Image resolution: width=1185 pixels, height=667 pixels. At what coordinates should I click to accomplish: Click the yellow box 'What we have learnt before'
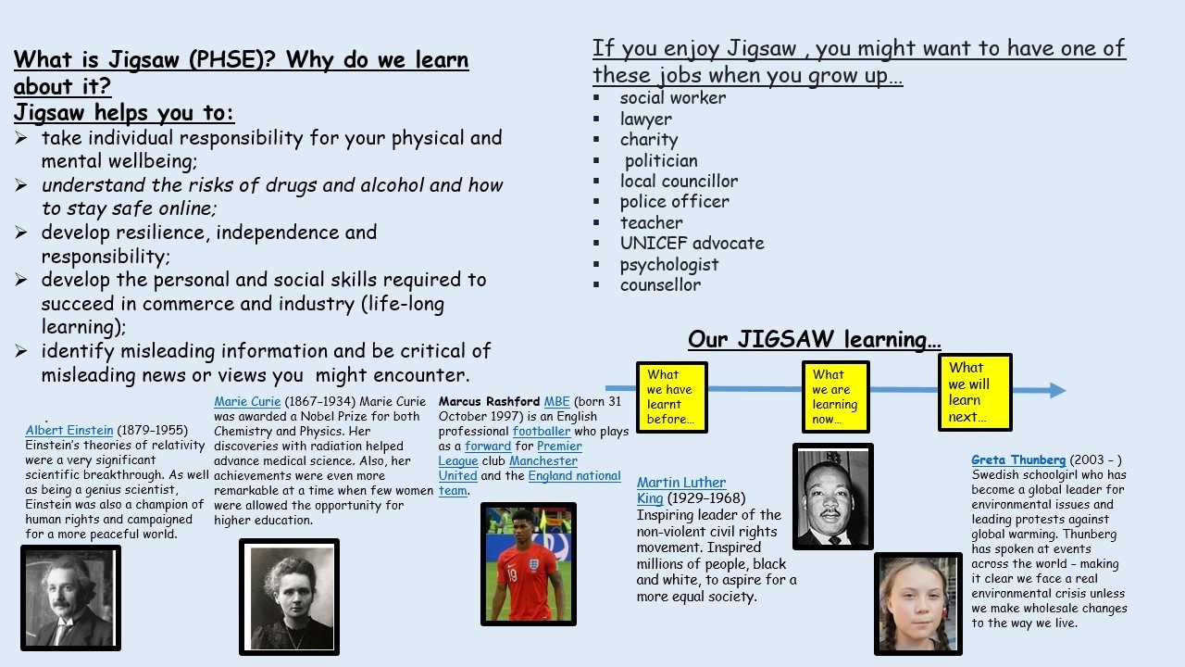click(672, 397)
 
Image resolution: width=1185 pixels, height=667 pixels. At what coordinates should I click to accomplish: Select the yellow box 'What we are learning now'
click(836, 397)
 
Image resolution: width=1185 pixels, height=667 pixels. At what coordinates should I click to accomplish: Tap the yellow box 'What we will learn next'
click(975, 392)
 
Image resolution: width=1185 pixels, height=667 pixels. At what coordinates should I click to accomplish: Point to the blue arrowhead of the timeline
click(1057, 390)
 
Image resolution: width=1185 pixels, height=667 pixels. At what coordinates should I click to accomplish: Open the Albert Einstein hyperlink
click(69, 430)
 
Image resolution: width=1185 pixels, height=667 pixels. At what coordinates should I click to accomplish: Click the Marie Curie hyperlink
click(247, 401)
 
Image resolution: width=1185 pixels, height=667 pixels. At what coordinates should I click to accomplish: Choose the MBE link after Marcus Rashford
click(556, 401)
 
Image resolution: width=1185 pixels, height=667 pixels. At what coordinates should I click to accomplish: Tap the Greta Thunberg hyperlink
click(1018, 459)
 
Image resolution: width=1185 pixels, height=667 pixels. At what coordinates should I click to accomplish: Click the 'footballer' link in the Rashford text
click(542, 431)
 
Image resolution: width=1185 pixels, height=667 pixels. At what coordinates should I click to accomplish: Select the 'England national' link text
click(574, 475)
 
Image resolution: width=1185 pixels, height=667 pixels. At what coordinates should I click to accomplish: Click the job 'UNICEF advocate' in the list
click(692, 243)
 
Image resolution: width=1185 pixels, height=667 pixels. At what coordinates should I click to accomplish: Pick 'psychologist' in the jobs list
click(669, 264)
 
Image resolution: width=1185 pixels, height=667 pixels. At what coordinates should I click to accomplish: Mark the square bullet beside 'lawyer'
click(597, 119)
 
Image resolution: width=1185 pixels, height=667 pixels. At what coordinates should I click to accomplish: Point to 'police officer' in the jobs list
click(675, 201)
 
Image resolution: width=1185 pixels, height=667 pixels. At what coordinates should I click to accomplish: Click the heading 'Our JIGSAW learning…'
click(814, 339)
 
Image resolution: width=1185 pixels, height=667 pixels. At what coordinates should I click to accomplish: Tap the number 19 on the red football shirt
click(512, 574)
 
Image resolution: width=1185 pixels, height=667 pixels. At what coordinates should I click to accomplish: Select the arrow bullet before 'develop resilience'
click(21, 232)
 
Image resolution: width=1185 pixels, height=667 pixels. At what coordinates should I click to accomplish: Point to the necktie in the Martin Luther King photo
click(834, 540)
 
